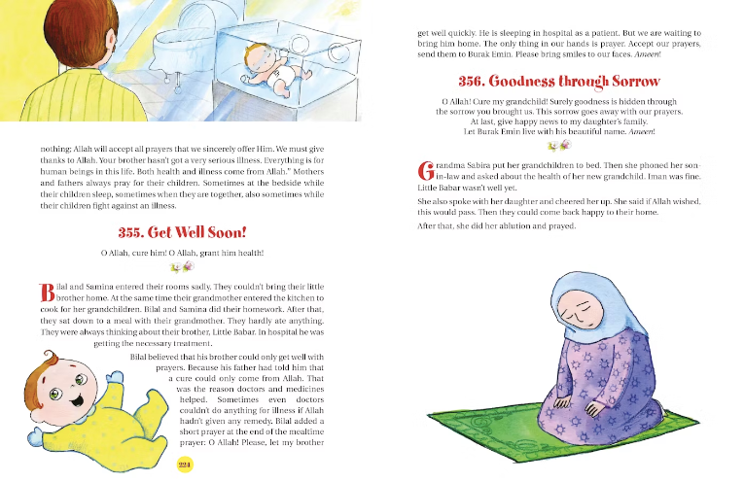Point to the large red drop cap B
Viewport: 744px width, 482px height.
46,292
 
